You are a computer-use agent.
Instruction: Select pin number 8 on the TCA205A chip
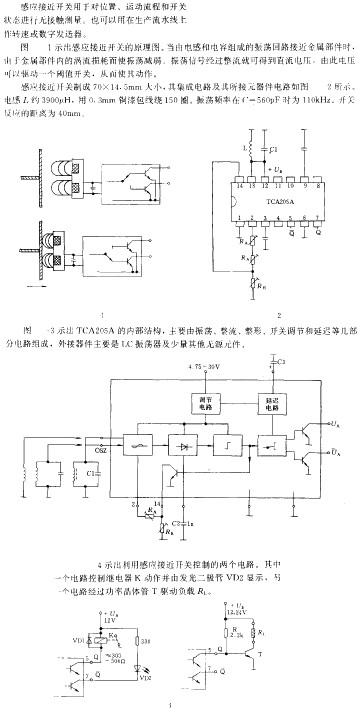[318, 185]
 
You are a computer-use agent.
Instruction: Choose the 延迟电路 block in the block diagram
[272, 403]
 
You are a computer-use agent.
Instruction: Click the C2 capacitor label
[175, 523]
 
